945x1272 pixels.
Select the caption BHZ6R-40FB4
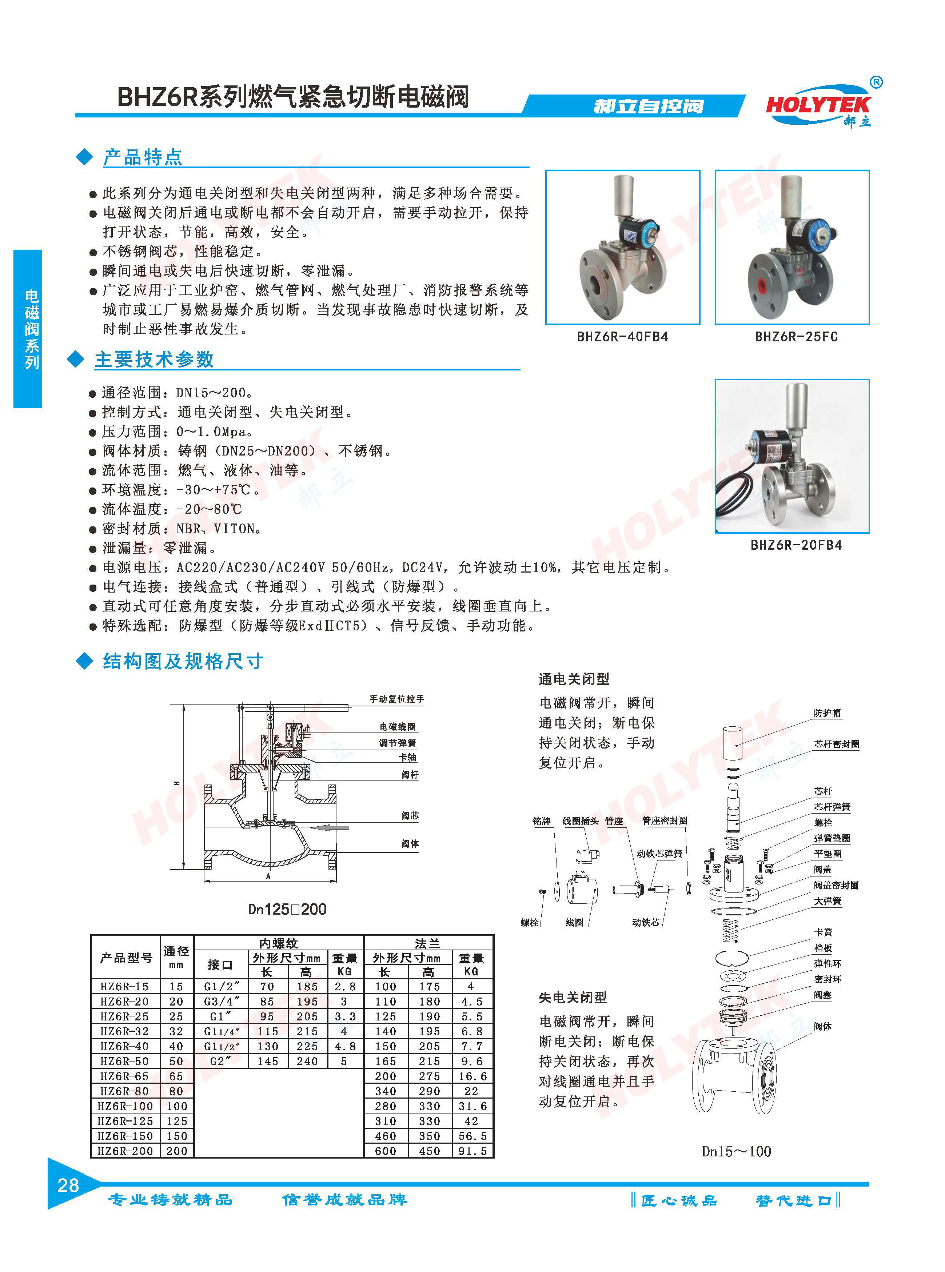coord(622,337)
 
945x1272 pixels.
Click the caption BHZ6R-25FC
coord(796,337)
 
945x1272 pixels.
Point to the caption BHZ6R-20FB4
coord(796,545)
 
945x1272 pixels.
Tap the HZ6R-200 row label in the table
coord(125,1151)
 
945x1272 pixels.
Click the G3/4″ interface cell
coord(222,1001)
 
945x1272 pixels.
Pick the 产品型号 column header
coord(127,957)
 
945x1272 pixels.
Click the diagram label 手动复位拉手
coord(396,699)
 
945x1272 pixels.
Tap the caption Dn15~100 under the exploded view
coord(736,1151)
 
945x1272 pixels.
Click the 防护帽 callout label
coord(827,713)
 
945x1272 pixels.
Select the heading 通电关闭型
coord(574,679)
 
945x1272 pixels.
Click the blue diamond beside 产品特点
coord(85,157)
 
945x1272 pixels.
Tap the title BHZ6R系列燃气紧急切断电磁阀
coord(293,96)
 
